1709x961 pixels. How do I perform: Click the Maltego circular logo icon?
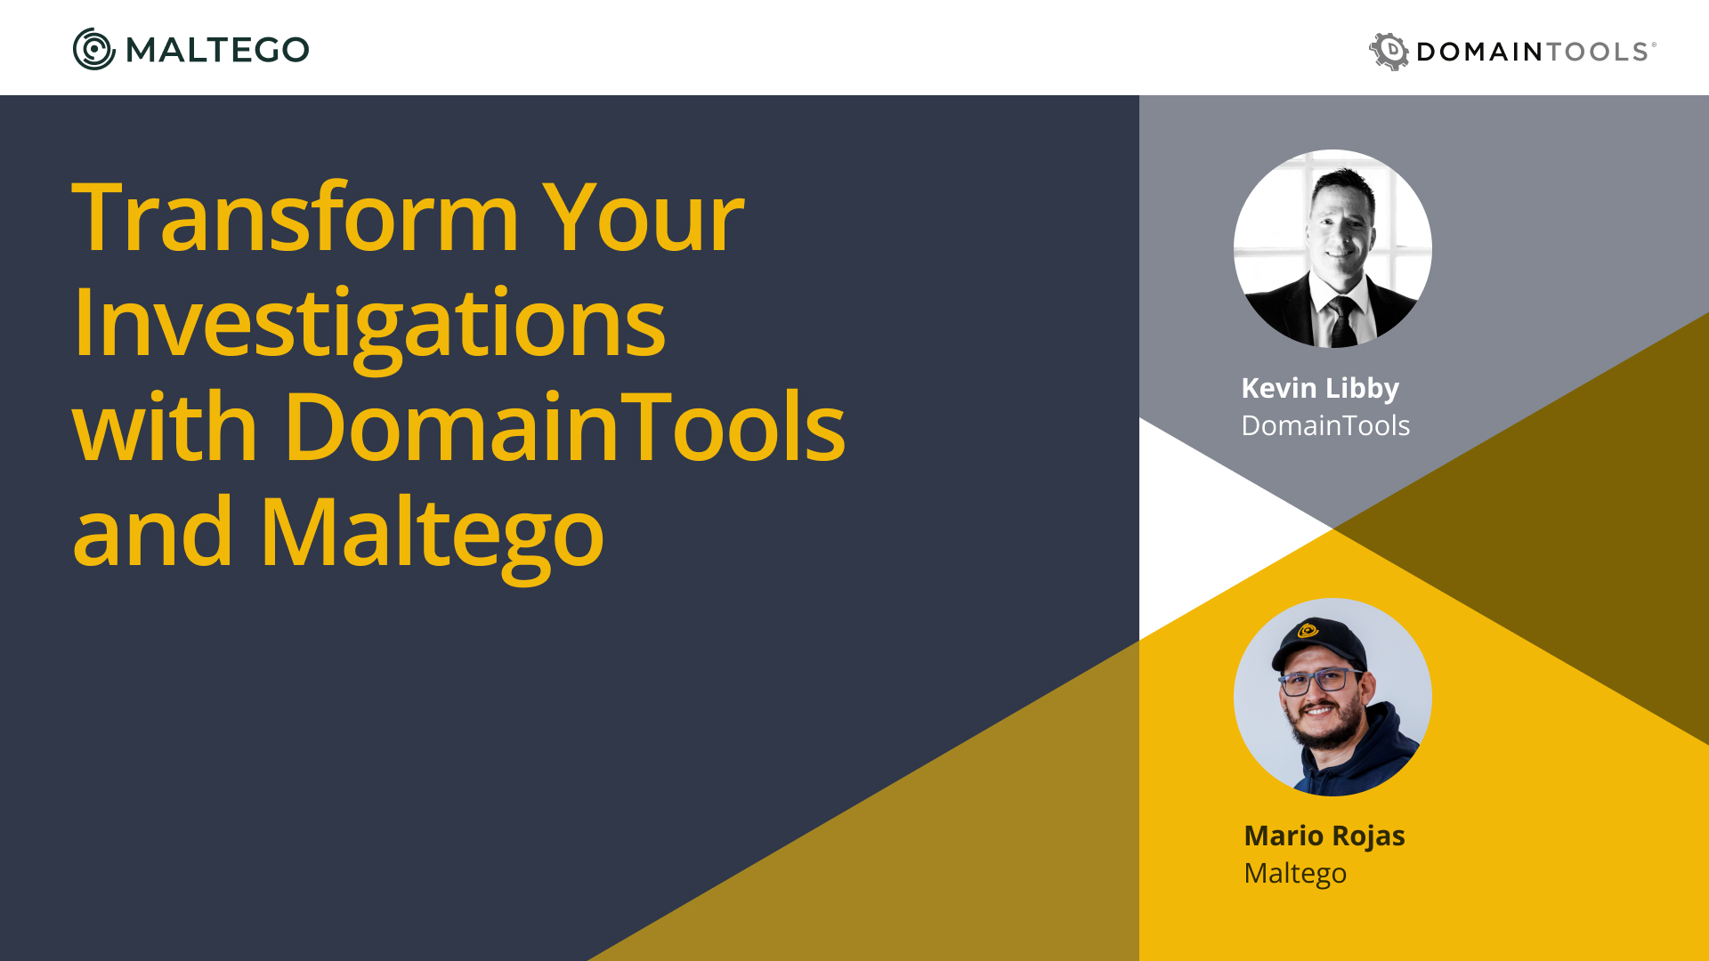94,49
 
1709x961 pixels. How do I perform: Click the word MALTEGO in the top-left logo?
217,50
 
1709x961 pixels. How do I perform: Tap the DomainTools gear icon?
1389,51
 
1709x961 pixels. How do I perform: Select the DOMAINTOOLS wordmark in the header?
1536,52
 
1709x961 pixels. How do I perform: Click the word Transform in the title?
296,217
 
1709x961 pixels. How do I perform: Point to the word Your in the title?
643,217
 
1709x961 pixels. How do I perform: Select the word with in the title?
165,427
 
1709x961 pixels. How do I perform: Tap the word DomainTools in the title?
564,427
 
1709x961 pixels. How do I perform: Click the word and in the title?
152,531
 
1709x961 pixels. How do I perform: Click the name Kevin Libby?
1320,389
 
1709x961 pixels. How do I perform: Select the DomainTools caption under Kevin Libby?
1325,425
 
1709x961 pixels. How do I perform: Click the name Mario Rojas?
1324,836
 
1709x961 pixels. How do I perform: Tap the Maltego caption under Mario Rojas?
1295,875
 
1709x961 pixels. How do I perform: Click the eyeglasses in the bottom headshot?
1321,682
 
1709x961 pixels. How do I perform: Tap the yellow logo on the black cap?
1308,631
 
